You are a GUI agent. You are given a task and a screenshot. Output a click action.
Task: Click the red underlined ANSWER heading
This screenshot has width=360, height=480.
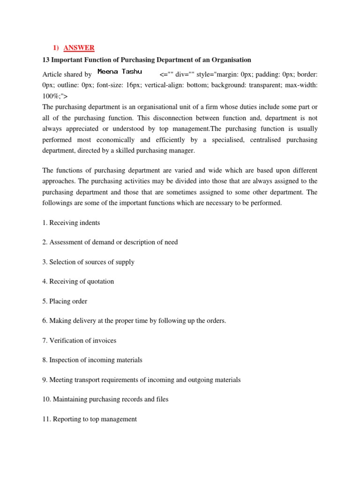80,48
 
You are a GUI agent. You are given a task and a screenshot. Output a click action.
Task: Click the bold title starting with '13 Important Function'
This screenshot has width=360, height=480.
147,60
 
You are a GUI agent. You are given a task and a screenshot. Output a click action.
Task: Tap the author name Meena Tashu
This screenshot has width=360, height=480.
120,72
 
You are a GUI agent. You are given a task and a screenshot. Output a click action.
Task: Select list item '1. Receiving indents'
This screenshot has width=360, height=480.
71,223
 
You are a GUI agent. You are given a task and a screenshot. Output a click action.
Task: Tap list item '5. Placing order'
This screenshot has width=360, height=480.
65,301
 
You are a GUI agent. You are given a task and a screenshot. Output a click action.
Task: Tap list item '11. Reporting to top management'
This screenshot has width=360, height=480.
90,419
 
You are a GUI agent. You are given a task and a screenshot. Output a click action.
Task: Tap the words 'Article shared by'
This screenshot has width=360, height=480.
67,75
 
